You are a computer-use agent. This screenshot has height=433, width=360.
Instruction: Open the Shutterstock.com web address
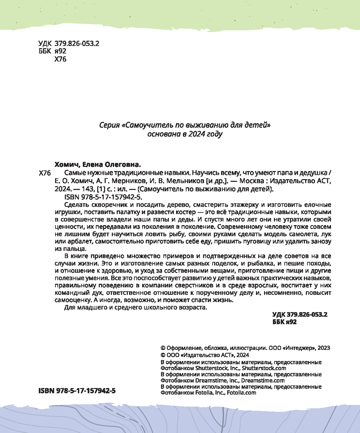click(264, 368)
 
